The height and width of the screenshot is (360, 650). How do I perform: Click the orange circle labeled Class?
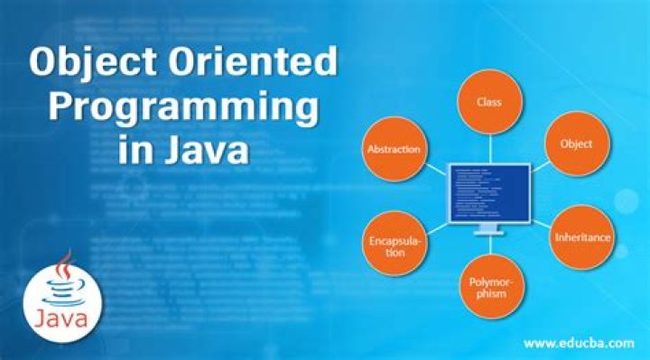tap(489, 102)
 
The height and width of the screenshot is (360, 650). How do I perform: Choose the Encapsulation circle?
tap(394, 245)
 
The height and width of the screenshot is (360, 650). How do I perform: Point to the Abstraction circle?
tap(393, 149)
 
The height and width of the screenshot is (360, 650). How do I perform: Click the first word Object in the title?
tap(97, 65)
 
